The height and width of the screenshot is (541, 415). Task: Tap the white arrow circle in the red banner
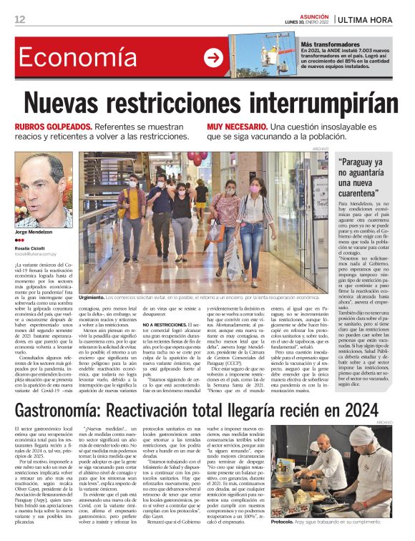pos(213,58)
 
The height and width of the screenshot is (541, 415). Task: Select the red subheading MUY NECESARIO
pos(237,126)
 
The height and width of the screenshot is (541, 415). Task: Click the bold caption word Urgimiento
pos(98,296)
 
